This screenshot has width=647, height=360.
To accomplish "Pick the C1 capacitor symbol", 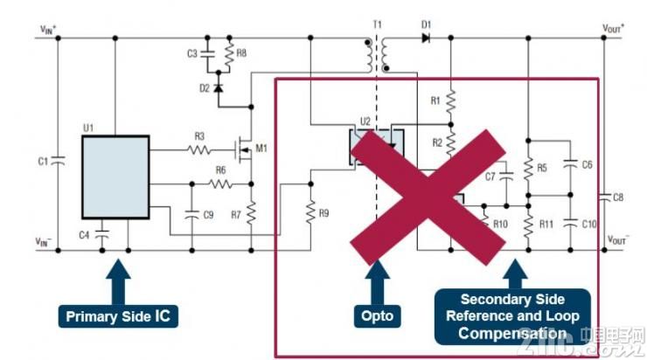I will [x=57, y=160].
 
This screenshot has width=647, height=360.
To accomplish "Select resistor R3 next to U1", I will [x=200, y=150].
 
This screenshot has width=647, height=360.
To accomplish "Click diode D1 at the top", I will [x=426, y=38].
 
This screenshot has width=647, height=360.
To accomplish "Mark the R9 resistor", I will [x=310, y=210].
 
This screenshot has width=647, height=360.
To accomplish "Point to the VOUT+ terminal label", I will [x=615, y=28].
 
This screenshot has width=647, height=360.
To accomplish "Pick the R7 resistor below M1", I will [x=251, y=212].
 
